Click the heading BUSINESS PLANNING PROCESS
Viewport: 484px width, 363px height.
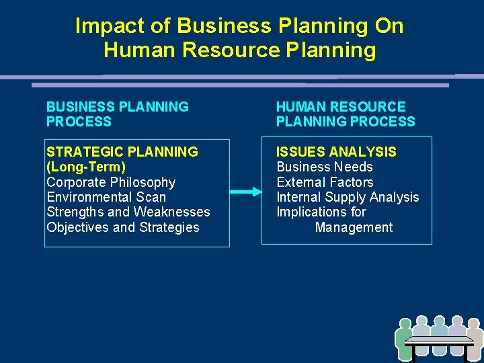(117, 114)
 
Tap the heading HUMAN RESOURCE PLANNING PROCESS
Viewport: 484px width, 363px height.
(346, 114)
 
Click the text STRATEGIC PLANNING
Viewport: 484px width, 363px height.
(122, 152)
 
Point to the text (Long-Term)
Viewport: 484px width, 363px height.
(86, 167)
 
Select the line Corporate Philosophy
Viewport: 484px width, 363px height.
(111, 182)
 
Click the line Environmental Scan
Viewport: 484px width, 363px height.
(106, 197)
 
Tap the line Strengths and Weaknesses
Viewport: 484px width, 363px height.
(128, 212)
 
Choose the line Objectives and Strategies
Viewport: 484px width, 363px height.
(123, 227)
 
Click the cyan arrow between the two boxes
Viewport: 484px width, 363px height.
(245, 192)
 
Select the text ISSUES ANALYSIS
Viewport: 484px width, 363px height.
(337, 152)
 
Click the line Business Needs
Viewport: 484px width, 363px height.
(325, 167)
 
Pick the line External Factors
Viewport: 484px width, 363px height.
(325, 182)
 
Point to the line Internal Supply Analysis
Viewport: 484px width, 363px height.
(348, 197)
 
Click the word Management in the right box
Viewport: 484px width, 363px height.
(354, 227)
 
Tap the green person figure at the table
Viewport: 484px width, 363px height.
(404, 339)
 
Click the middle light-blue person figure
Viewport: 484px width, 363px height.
(439, 327)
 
